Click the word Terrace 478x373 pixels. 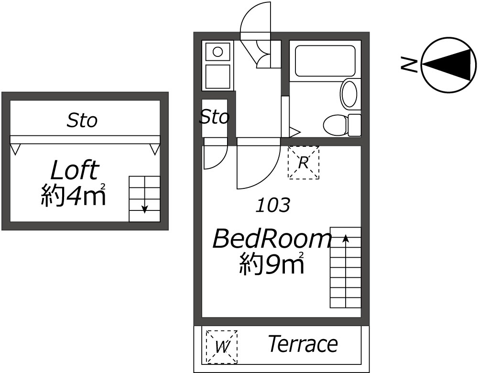click(303, 344)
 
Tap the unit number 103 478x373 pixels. click(272, 206)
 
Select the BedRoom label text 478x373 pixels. click(272, 238)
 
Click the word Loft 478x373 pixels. click(75, 171)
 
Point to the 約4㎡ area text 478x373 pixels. click(73, 195)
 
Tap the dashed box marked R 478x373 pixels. click(303, 163)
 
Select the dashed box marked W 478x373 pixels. click(221, 346)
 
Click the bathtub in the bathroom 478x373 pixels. click(325, 61)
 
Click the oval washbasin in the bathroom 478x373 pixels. click(349, 94)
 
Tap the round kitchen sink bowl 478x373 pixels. click(217, 51)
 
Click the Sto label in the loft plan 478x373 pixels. click(82, 121)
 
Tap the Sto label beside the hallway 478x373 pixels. click(214, 117)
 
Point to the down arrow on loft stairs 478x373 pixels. click(144, 208)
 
